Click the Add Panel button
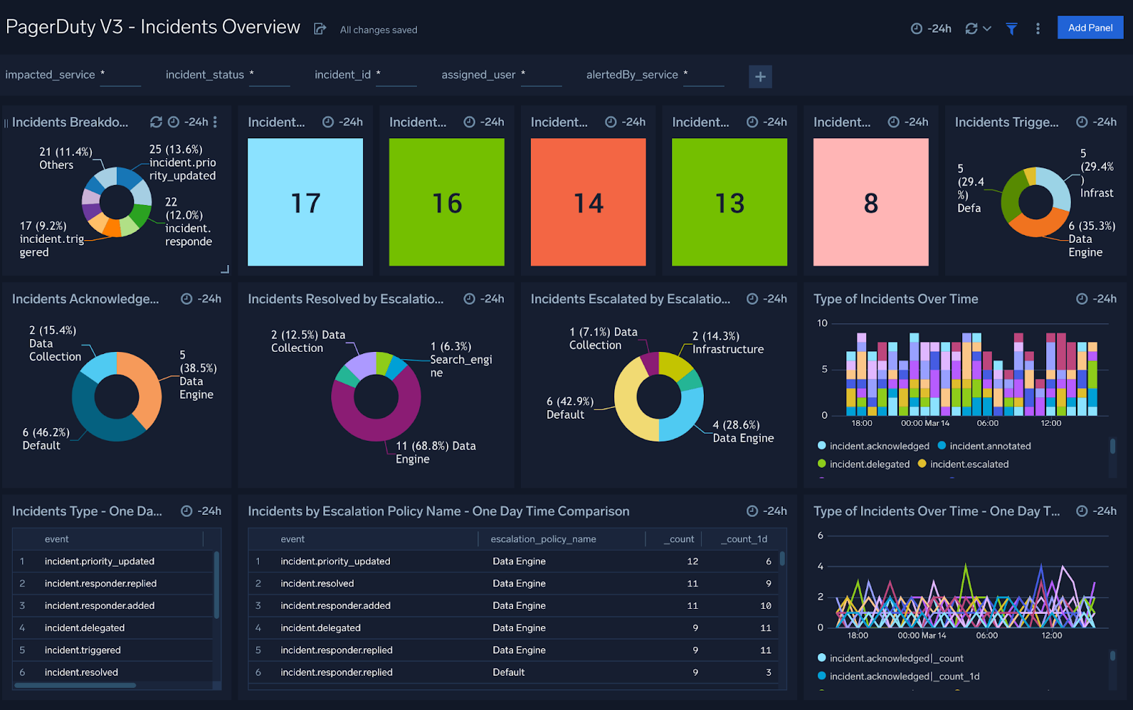[x=1090, y=28]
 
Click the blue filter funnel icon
[x=1011, y=28]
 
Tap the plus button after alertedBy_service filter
[x=760, y=76]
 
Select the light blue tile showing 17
[x=305, y=202]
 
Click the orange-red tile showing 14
[x=588, y=202]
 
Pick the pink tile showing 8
[x=870, y=202]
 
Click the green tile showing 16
[x=446, y=202]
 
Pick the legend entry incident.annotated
[x=989, y=447]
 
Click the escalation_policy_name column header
[x=543, y=539]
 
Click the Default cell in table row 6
[x=508, y=672]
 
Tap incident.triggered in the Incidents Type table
[x=83, y=650]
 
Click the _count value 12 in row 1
[x=692, y=561]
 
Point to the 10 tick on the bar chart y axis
[x=822, y=323]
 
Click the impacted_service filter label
[x=50, y=75]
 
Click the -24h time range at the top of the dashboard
[x=932, y=28]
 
